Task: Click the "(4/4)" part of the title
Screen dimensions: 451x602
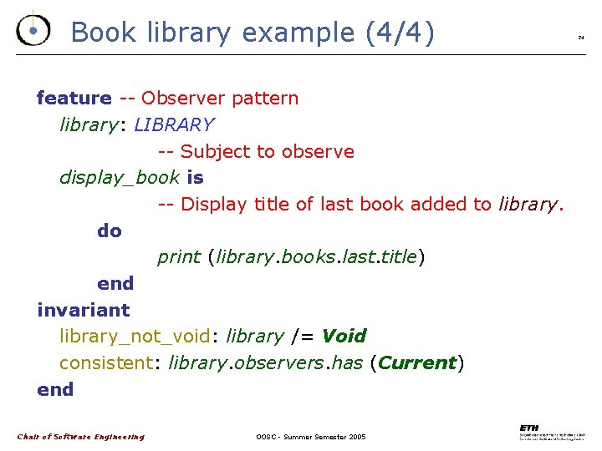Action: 400,33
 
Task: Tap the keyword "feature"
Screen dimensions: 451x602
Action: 74,99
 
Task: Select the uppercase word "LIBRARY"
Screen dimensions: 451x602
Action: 174,125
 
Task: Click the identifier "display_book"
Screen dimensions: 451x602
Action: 120,178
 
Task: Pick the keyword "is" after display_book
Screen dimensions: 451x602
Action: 196,178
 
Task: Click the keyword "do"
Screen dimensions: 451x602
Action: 110,231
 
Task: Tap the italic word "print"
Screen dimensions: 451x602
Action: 178,257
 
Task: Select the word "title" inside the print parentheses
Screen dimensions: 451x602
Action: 398,257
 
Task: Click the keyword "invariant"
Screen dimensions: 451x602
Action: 84,311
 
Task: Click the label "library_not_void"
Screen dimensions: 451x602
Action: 135,337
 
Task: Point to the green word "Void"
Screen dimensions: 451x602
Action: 344,337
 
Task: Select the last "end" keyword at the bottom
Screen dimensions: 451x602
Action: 55,390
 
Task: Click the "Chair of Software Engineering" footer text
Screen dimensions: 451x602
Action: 81,437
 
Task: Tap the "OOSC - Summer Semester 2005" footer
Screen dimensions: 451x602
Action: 311,437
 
